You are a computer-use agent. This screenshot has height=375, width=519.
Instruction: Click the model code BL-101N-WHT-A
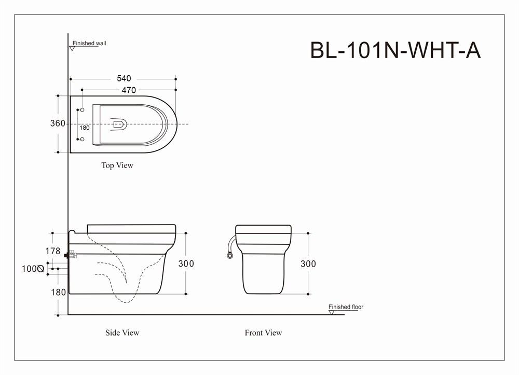395,50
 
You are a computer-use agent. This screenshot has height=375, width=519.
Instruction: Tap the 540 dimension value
124,78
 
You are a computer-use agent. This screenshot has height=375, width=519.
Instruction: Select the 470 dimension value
129,90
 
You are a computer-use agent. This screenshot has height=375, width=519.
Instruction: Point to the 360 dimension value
58,123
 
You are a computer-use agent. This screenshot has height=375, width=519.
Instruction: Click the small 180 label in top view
85,128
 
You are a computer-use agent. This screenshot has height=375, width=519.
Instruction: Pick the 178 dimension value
53,251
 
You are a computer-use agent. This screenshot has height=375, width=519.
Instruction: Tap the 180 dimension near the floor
58,293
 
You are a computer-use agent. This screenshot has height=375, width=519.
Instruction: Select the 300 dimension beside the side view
186,263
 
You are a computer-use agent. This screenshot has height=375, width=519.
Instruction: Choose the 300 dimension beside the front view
308,263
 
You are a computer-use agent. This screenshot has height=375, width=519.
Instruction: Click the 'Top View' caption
117,165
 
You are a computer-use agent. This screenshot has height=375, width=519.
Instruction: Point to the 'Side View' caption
122,332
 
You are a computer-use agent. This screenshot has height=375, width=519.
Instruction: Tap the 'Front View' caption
263,332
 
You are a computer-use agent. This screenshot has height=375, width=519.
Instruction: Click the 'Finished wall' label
89,43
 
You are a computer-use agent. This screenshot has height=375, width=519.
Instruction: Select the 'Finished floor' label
346,307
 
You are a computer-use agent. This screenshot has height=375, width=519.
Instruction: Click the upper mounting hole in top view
82,110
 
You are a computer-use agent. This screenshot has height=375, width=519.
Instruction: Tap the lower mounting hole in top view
82,139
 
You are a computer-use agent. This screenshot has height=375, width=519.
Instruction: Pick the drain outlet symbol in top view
119,124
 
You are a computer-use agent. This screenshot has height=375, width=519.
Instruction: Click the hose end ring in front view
229,256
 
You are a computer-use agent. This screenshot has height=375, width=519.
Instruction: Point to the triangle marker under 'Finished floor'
332,312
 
